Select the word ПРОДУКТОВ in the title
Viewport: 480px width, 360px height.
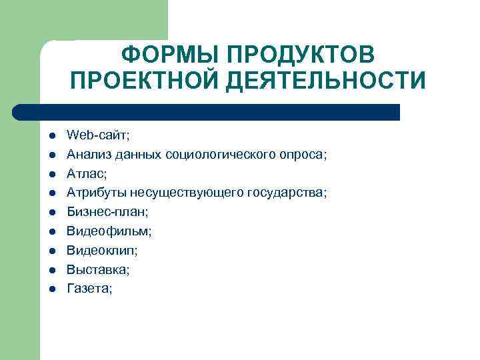[300, 54]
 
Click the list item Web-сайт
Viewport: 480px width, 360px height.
[98, 135]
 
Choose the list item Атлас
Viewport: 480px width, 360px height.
[86, 173]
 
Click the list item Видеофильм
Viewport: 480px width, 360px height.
[109, 231]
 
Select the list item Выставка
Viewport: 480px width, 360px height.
[98, 270]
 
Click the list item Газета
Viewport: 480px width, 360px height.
[89, 289]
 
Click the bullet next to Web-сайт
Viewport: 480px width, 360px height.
[51, 136]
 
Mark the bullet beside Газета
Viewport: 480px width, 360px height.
[51, 289]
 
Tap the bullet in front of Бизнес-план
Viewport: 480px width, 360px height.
[51, 213]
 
